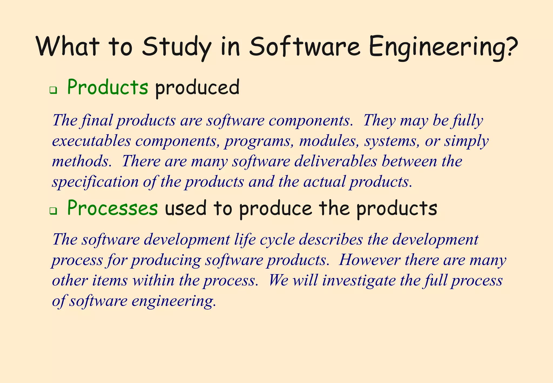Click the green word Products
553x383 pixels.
coord(107,87)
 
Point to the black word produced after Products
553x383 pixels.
coord(197,88)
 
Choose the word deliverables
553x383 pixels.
coord(335,161)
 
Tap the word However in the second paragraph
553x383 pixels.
coord(369,260)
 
